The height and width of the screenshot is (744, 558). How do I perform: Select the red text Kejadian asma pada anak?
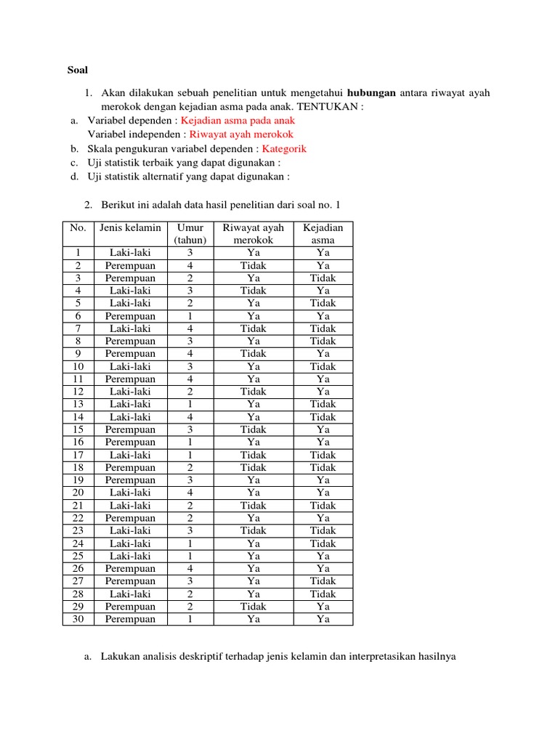pyautogui.click(x=238, y=121)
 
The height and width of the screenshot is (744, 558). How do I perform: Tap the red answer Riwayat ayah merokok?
pyautogui.click(x=241, y=134)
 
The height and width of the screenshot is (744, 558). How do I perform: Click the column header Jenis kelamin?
pyautogui.click(x=130, y=227)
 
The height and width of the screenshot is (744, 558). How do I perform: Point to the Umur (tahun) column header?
pyautogui.click(x=190, y=234)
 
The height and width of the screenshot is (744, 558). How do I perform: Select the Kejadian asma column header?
pyautogui.click(x=323, y=234)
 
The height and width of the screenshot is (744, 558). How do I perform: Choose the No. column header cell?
pyautogui.click(x=78, y=227)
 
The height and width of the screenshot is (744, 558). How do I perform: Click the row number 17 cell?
pyautogui.click(x=78, y=455)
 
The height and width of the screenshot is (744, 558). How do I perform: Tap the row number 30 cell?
pyautogui.click(x=78, y=619)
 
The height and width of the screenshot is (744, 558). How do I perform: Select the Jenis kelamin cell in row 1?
pyautogui.click(x=130, y=253)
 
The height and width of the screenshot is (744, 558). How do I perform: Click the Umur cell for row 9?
pyautogui.click(x=190, y=354)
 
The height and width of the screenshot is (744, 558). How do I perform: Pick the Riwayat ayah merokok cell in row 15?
pyautogui.click(x=253, y=429)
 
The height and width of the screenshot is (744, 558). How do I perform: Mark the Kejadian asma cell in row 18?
pyautogui.click(x=323, y=467)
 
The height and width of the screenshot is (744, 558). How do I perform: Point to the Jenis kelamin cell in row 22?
pyautogui.click(x=130, y=518)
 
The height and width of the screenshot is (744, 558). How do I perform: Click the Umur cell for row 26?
pyautogui.click(x=190, y=568)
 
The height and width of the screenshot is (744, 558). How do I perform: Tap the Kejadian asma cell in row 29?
pyautogui.click(x=323, y=606)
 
